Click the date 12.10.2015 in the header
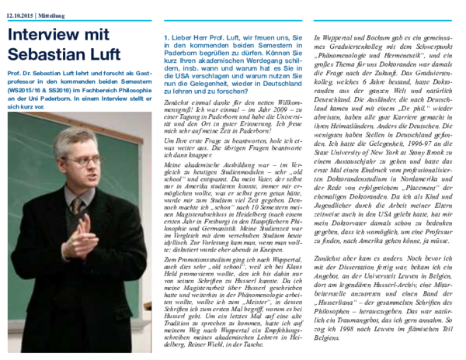coord(21,13)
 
